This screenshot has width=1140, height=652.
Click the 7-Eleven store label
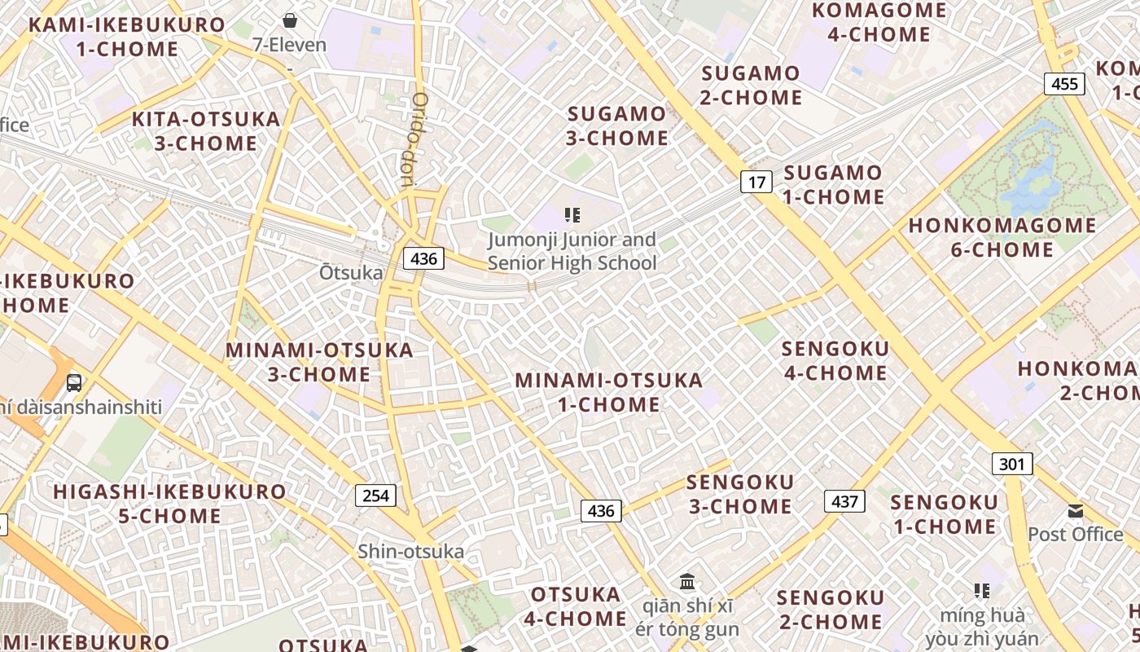click(x=290, y=45)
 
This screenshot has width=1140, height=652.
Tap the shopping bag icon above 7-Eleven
click(x=290, y=20)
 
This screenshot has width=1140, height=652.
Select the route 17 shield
click(x=756, y=182)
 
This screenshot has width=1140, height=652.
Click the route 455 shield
click(x=1064, y=83)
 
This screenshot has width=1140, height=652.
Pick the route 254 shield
click(x=375, y=495)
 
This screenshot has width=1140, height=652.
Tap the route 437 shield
click(x=844, y=500)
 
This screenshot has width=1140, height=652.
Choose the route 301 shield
click(x=1012, y=464)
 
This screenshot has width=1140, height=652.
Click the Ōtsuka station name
click(x=351, y=272)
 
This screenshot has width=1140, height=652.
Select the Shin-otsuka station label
click(x=411, y=552)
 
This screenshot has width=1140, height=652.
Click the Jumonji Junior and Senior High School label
click(x=572, y=251)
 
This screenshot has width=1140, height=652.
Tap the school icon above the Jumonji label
click(x=572, y=215)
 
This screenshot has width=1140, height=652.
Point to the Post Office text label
click(x=1075, y=535)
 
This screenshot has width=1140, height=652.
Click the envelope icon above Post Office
click(x=1076, y=511)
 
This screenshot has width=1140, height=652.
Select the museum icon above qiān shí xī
click(x=687, y=582)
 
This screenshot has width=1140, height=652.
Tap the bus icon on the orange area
click(x=74, y=381)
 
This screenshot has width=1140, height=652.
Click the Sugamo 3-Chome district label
click(x=617, y=126)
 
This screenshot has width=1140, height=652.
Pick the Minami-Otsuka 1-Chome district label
click(x=608, y=392)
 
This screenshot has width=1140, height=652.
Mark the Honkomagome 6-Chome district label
click(x=1002, y=237)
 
